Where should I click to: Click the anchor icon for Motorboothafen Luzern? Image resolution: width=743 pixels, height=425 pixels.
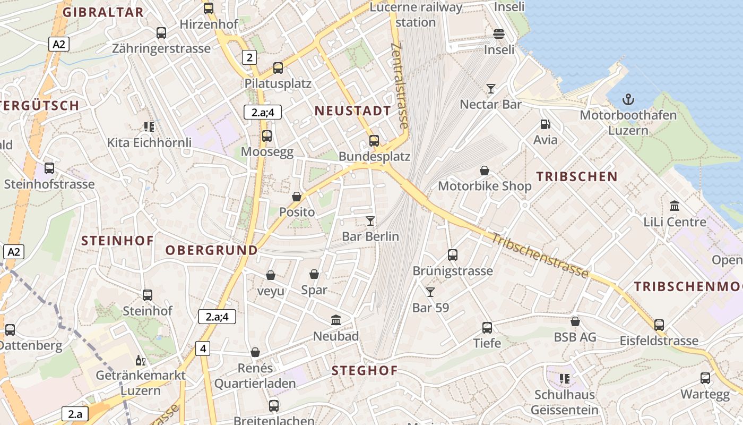[628, 99]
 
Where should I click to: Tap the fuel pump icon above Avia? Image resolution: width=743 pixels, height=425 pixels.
[545, 124]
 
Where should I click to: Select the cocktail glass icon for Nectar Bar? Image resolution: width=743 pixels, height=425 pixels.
[491, 88]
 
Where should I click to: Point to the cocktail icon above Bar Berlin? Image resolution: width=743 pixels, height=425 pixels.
[370, 220]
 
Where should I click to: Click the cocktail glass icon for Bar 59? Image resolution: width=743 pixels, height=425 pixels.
[430, 292]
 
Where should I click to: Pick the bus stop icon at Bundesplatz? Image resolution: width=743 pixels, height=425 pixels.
[374, 141]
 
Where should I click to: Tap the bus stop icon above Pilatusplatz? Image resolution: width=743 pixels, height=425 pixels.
[278, 68]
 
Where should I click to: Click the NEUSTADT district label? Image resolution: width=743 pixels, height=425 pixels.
[353, 111]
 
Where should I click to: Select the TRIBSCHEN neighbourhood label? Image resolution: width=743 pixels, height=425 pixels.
[577, 177]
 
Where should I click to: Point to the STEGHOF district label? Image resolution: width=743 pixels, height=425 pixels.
[365, 371]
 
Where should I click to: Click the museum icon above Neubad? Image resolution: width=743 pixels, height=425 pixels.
[336, 320]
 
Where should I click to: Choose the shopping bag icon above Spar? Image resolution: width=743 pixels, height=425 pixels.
[314, 274]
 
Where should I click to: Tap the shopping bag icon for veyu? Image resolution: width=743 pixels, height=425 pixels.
[271, 275]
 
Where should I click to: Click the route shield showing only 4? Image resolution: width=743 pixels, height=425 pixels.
[202, 348]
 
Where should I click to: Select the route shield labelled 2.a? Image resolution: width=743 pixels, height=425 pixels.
[75, 414]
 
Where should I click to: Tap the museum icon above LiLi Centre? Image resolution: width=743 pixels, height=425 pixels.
[675, 206]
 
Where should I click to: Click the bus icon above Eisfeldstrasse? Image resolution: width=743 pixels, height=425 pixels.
[659, 325]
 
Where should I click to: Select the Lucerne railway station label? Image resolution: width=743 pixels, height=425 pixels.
[416, 15]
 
